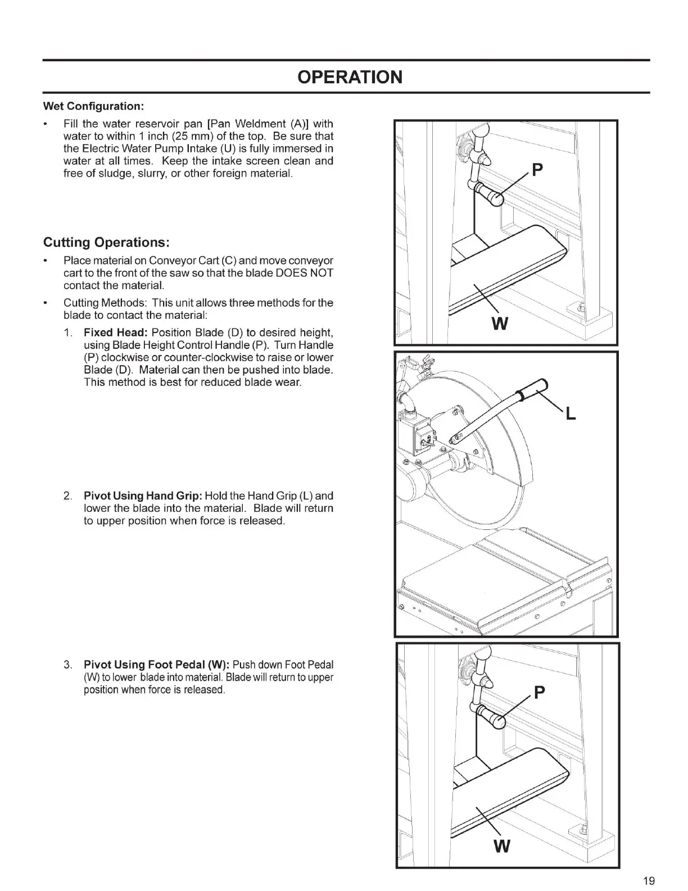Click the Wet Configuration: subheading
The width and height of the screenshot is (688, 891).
tap(94, 106)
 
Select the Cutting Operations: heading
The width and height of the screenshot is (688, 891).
tap(107, 242)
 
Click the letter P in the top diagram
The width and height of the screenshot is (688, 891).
tap(538, 169)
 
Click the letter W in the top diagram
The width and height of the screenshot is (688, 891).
tap(500, 324)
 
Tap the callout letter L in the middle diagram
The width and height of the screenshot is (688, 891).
tap(571, 415)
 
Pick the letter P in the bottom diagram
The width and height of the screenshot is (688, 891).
tap(538, 692)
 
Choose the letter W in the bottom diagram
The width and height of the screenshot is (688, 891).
tap(501, 845)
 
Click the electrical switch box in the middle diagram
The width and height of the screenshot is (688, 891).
tap(415, 434)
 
